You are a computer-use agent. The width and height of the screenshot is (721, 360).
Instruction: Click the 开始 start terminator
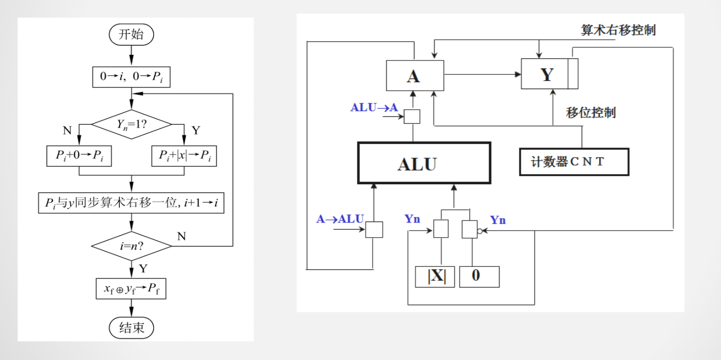pyautogui.click(x=131, y=35)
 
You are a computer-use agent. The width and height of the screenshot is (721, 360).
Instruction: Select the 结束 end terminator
pyautogui.click(x=131, y=328)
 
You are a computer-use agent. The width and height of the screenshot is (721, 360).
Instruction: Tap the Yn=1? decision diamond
pyautogui.click(x=131, y=123)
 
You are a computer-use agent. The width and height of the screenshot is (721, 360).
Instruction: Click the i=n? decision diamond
pyautogui.click(x=131, y=246)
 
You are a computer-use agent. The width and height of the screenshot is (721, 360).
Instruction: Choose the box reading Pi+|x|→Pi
pyautogui.click(x=182, y=157)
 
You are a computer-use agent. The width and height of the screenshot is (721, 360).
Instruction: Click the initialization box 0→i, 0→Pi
pyautogui.click(x=131, y=77)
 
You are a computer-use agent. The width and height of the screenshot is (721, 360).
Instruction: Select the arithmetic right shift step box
pyautogui.click(x=131, y=202)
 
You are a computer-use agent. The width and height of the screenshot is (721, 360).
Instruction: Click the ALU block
pyautogui.click(x=423, y=163)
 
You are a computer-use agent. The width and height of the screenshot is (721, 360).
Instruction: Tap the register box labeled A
pyautogui.click(x=415, y=75)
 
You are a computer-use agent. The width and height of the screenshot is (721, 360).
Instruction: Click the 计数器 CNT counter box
pyautogui.click(x=574, y=162)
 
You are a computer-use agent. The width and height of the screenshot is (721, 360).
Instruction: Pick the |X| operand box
pyautogui.click(x=435, y=277)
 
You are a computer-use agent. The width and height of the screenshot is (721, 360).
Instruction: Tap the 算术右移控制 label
pyautogui.click(x=618, y=30)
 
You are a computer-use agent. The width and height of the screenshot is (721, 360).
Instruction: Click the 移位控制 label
pyautogui.click(x=591, y=112)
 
